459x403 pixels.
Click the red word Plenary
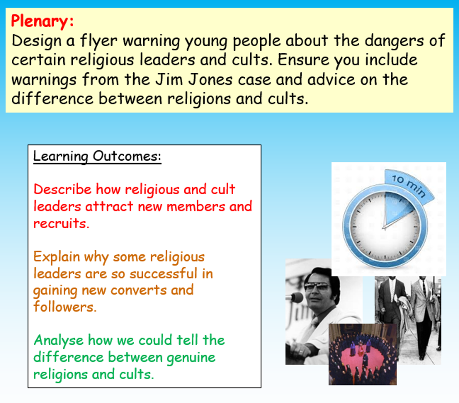[x=42, y=21]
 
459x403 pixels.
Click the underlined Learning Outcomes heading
[x=97, y=156]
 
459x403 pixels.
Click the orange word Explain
[x=56, y=257]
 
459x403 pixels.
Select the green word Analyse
[x=60, y=340]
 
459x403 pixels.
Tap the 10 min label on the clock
[x=409, y=185]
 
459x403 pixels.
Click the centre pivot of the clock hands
[x=384, y=226]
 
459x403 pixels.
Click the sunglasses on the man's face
[x=317, y=286]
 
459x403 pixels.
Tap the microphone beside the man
[x=294, y=297]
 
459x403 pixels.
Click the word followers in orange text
[x=65, y=307]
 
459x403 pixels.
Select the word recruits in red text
[x=61, y=223]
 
